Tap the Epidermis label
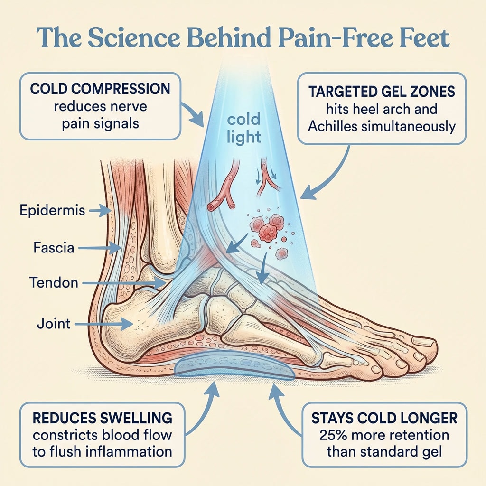pyautogui.click(x=52, y=210)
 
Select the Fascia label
pyautogui.click(x=54, y=248)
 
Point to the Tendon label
pyautogui.click(x=54, y=283)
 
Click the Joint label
pyautogui.click(x=54, y=324)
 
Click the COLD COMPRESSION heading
pyautogui.click(x=100, y=89)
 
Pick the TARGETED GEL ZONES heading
pyautogui.click(x=382, y=92)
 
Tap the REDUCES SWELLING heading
pyautogui.click(x=103, y=418)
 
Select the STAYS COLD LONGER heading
pyautogui.click(x=384, y=418)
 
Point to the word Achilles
pyautogui.click(x=333, y=126)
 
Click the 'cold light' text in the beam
pyautogui.click(x=243, y=129)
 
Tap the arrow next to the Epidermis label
pyautogui.click(x=100, y=211)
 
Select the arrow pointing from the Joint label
pyautogui.click(x=103, y=324)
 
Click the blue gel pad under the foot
pyautogui.click(x=234, y=367)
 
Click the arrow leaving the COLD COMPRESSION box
pyautogui.click(x=193, y=113)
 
